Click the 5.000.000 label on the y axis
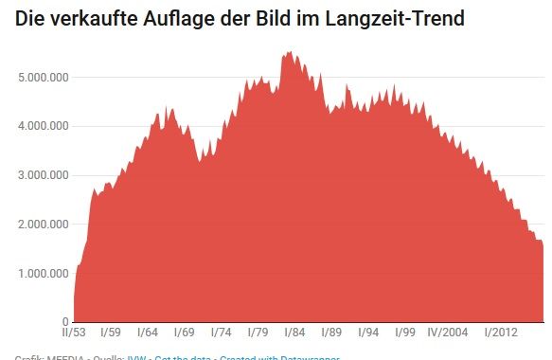[x=42, y=77]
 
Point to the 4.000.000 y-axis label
[x=42, y=126]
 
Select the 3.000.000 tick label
[x=42, y=175]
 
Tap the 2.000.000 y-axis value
[x=42, y=225]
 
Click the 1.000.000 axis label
[x=42, y=274]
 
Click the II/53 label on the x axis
[x=75, y=333]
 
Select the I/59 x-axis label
[x=110, y=333]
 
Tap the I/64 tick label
[x=147, y=333]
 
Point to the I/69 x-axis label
[x=184, y=333]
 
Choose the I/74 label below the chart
[x=221, y=333]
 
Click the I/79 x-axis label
[x=258, y=333]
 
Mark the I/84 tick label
[x=294, y=333]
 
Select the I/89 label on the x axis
[x=331, y=333]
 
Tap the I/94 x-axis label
[x=368, y=333]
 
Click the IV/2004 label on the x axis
[x=448, y=333]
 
